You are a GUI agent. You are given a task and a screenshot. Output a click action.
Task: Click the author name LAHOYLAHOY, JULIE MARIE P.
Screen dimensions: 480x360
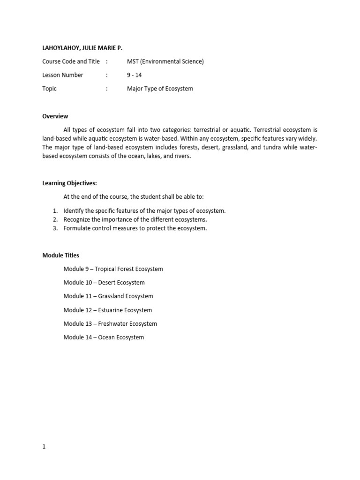(85, 47)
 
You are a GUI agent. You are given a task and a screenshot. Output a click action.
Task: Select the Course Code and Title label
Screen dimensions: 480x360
(71, 61)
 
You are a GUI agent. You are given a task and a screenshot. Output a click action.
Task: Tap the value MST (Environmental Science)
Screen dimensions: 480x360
(165, 61)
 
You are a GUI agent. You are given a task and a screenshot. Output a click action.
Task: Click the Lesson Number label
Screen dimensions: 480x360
(63, 75)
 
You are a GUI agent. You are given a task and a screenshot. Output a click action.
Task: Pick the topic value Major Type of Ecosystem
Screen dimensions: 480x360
(160, 88)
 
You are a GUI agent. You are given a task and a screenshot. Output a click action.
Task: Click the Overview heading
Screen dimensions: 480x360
(55, 116)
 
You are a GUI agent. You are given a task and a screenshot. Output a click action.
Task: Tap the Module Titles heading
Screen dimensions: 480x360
(61, 255)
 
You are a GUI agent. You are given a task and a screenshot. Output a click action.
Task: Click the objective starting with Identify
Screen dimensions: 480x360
(144, 210)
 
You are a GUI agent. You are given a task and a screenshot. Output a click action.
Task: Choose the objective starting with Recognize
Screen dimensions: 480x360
(135, 219)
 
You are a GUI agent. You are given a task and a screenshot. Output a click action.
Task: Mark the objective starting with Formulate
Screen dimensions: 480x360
(135, 228)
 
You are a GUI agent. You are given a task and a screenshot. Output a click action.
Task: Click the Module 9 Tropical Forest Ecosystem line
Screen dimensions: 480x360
(113, 269)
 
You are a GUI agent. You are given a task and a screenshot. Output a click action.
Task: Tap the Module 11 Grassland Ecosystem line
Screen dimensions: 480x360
(108, 296)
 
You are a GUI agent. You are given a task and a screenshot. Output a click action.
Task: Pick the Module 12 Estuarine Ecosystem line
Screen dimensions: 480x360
(108, 310)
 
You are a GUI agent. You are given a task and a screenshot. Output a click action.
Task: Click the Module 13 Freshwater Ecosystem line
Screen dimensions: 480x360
(110, 323)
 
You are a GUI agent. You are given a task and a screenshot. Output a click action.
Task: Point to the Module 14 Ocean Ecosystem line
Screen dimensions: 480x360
(104, 337)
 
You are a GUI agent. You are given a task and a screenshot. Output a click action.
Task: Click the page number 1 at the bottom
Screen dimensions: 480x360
(44, 447)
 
